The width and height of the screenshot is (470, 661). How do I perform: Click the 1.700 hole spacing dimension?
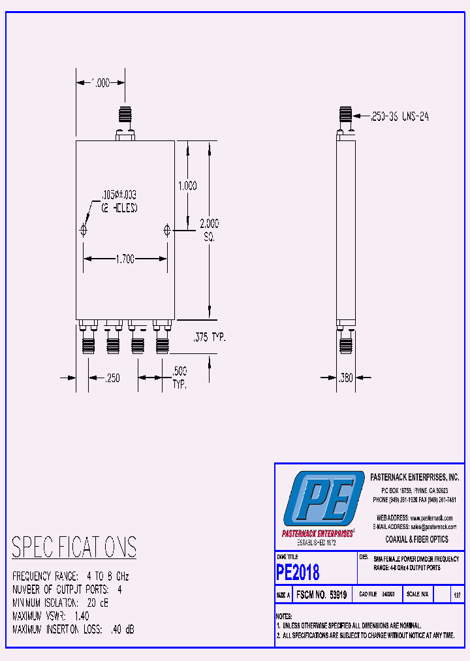(x=125, y=259)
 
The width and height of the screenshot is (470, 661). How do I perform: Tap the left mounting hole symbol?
(x=84, y=230)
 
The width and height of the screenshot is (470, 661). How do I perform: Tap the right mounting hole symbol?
(x=167, y=230)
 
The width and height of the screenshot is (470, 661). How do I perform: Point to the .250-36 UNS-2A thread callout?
(x=399, y=116)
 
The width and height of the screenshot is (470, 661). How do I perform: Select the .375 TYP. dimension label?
(x=209, y=338)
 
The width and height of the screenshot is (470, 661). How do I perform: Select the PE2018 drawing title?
(x=298, y=572)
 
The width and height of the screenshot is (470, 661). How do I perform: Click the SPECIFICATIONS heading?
(x=74, y=547)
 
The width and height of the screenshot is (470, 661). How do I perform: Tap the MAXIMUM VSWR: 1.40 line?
(x=51, y=616)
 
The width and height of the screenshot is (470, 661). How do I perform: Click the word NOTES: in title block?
(x=284, y=616)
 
